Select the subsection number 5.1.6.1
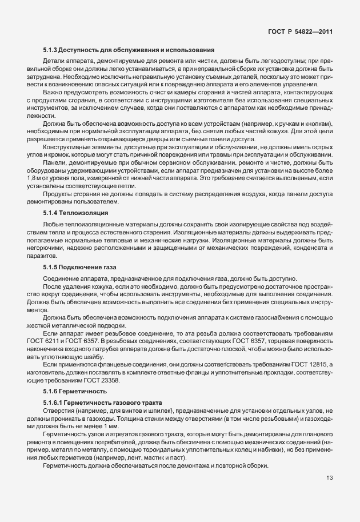[53, 404]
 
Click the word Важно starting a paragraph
[52, 92]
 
